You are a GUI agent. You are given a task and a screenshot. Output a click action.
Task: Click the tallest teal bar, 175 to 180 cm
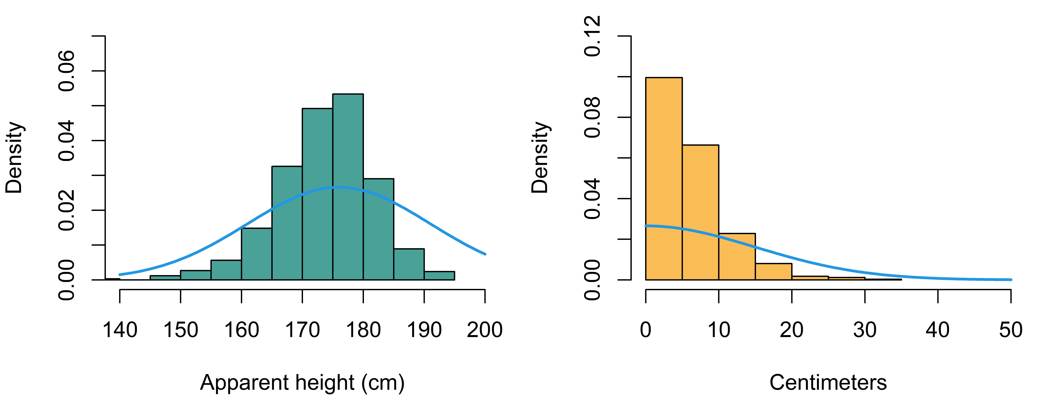point(348,187)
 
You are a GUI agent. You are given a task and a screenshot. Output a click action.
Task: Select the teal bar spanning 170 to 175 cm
point(317,194)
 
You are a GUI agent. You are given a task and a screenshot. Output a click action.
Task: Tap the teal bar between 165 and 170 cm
point(287,223)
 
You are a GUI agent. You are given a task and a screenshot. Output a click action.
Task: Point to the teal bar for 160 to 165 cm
point(256,254)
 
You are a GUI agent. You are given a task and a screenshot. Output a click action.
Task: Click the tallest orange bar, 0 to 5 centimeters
point(664,179)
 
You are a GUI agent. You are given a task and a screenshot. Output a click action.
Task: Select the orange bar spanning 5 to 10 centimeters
point(700,213)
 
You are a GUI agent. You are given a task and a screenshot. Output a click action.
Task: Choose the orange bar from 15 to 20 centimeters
point(773,272)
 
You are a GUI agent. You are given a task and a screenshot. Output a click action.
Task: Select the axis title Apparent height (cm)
point(302,383)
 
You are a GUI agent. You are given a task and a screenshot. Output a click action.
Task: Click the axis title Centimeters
point(828,383)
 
